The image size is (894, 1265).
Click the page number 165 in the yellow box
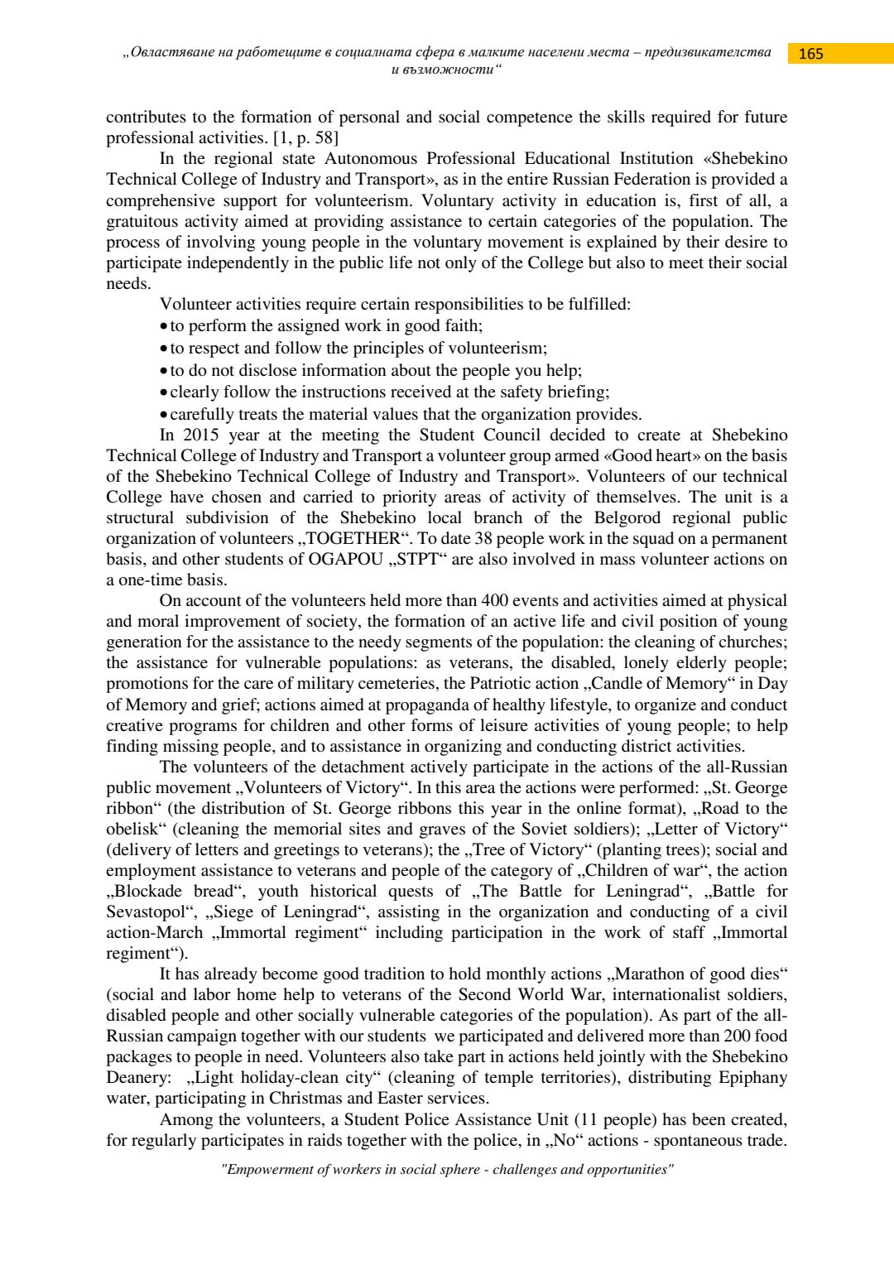(x=810, y=54)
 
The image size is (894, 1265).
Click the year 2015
(x=200, y=435)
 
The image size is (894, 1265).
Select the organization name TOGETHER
(x=353, y=538)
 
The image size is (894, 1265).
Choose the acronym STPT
(x=417, y=559)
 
